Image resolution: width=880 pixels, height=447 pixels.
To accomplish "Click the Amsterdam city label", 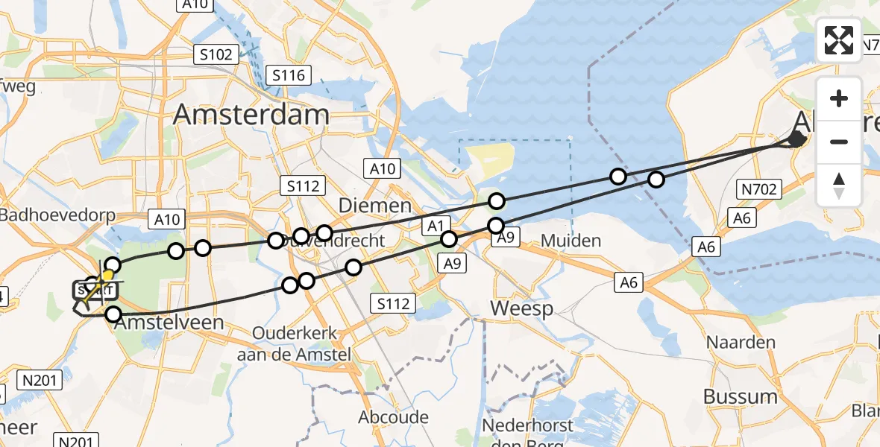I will coord(251,115).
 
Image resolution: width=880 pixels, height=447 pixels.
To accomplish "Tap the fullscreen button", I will coord(839,40).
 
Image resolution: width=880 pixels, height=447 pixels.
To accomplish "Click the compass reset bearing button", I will coord(839,186).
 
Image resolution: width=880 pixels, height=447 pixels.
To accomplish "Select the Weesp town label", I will coord(522,308).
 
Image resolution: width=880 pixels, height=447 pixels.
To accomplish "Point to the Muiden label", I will coord(571,241).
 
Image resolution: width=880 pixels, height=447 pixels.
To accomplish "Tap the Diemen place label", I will coord(374,205).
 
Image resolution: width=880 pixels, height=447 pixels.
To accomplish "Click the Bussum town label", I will coord(741,396).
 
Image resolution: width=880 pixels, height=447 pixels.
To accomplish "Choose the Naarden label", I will coord(741,343).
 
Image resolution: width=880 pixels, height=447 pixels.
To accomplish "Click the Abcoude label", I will coord(393,416).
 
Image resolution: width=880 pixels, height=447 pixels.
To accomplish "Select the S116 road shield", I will coord(289,75).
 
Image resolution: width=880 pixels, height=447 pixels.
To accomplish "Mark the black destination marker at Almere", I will coord(796,139).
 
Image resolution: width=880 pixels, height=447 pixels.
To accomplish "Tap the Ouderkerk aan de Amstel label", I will coord(294,343).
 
